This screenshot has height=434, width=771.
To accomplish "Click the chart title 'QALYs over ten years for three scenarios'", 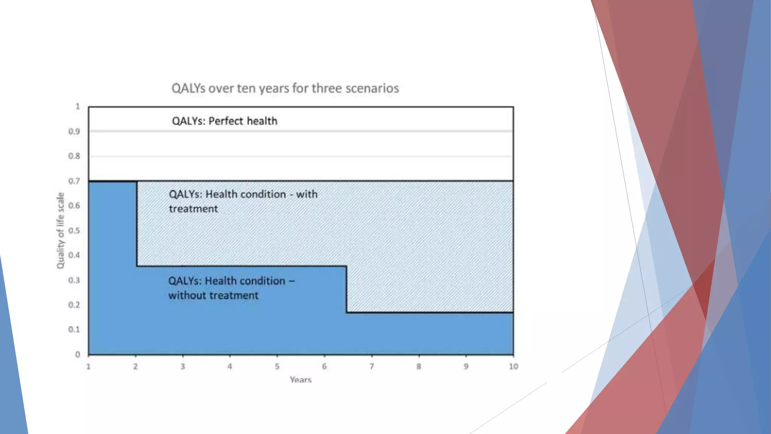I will click(x=285, y=88).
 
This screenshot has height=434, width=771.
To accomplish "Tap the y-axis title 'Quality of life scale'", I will click(x=60, y=231).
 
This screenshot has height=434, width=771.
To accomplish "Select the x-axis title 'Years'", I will click(x=300, y=380).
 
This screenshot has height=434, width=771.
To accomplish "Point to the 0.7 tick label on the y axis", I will click(x=74, y=181).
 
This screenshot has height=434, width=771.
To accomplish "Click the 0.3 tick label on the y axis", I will click(x=74, y=280).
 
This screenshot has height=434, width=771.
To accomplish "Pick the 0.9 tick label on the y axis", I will click(x=74, y=131).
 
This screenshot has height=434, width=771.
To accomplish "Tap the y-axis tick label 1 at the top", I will click(x=78, y=107).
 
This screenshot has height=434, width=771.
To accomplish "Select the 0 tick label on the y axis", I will click(x=78, y=355).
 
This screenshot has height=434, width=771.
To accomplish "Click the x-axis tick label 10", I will click(x=513, y=367).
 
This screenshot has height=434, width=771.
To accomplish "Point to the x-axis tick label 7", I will click(x=372, y=367).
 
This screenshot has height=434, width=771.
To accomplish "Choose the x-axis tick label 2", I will click(x=136, y=367).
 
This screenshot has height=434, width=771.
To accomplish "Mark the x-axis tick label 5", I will click(x=277, y=367).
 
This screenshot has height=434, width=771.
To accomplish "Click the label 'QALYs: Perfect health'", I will click(x=224, y=121).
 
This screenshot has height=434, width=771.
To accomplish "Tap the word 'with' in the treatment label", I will click(x=307, y=194).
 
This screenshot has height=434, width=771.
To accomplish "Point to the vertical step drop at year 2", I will click(x=137, y=224).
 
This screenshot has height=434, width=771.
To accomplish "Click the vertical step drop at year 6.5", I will click(x=346, y=289).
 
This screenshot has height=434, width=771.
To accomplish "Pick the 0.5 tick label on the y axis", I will click(x=74, y=231).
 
